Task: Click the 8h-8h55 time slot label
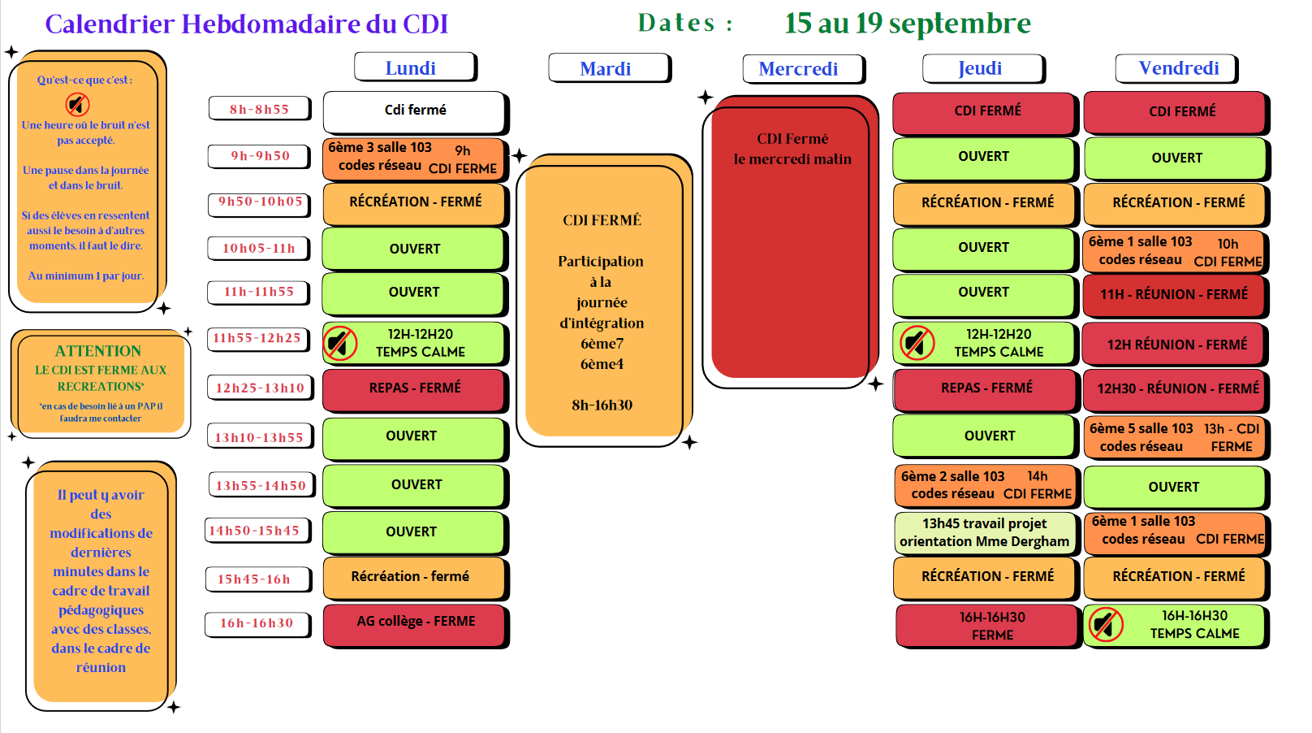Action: click(x=259, y=109)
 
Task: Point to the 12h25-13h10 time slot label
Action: click(x=259, y=388)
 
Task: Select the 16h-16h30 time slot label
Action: click(x=257, y=623)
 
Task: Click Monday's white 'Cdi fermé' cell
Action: click(x=415, y=111)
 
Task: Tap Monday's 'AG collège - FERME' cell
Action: click(x=415, y=622)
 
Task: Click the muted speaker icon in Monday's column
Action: click(x=340, y=343)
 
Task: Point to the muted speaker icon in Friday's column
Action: click(x=1105, y=625)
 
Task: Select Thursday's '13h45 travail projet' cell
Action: click(x=985, y=532)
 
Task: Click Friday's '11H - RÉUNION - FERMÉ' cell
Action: click(x=1173, y=294)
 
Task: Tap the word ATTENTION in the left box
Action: click(x=98, y=351)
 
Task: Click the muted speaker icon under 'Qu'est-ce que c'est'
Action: click(x=78, y=104)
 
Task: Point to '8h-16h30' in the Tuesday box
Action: click(x=602, y=405)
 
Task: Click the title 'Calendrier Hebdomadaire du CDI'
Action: click(x=247, y=24)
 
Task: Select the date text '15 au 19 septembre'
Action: click(x=907, y=24)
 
